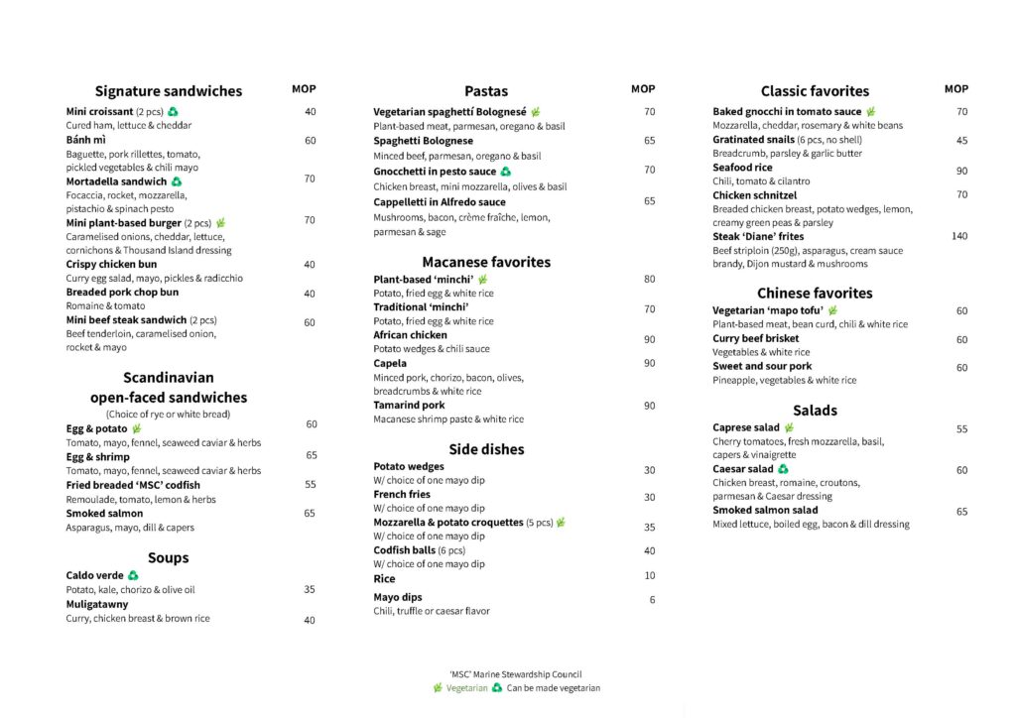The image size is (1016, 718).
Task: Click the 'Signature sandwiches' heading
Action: point(168,91)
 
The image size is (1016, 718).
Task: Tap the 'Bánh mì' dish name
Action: point(86,140)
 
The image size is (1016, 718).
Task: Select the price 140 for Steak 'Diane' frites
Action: point(958,236)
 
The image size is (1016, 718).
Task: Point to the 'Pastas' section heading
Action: point(486,91)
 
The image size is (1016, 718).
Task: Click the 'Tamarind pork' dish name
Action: point(409,405)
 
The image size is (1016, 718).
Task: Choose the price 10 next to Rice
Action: point(650,576)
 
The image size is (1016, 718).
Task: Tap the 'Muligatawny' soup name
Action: point(97,604)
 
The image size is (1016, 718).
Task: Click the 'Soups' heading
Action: point(168,557)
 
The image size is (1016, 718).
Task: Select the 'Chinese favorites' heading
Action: point(815,293)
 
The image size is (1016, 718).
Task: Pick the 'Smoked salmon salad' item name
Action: point(765,510)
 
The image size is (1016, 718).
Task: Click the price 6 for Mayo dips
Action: point(652,600)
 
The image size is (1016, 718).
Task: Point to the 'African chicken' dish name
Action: point(411,335)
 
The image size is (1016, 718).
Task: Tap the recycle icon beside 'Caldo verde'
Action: point(133,575)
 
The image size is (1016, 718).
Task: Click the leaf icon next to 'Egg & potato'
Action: point(136,428)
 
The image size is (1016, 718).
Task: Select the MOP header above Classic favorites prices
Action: point(956,89)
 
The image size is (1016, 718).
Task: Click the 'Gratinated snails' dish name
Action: point(753,140)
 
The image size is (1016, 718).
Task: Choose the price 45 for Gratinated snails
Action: point(961,141)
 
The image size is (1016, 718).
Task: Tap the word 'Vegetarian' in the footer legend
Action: point(466,688)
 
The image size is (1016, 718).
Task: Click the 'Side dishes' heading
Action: point(486,449)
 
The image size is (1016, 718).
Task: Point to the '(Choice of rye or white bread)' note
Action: point(168,414)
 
